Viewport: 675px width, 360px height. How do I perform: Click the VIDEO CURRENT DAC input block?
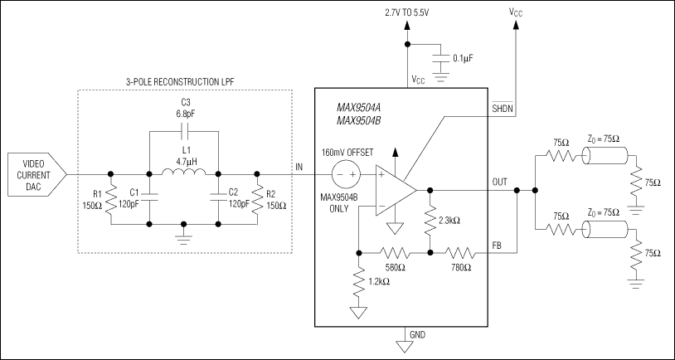(x=32, y=174)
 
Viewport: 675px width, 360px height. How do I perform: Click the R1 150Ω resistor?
(x=109, y=200)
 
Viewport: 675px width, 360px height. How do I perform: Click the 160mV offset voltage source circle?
(x=343, y=174)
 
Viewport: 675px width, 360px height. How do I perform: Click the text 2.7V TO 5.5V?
(x=406, y=12)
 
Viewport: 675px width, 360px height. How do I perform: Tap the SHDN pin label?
(x=503, y=109)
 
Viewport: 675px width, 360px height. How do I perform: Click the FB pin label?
(x=497, y=246)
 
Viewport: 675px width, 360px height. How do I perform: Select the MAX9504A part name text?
(x=358, y=107)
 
